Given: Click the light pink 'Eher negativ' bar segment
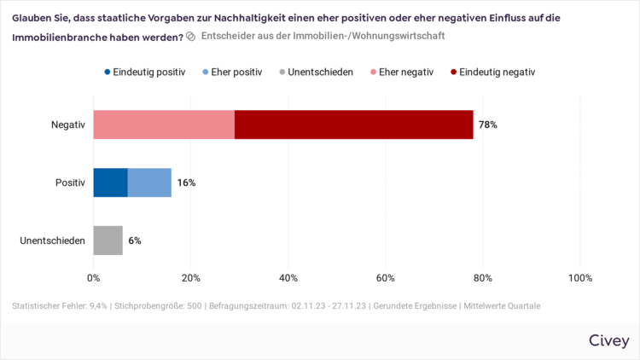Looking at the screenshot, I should click(164, 125).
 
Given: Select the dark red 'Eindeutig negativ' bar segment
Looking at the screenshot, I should click(353, 125).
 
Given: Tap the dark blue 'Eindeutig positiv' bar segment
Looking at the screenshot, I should click(110, 183).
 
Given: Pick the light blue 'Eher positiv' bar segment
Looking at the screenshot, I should click(149, 183).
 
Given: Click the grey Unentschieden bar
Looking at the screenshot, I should click(108, 241).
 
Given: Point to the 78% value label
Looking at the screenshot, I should click(487, 125).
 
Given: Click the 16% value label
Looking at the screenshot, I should click(186, 183).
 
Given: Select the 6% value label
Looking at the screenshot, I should click(135, 241).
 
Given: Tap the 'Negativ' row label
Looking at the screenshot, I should click(68, 125).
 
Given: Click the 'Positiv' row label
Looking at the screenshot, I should click(70, 183).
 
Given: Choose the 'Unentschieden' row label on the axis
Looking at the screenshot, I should click(52, 241).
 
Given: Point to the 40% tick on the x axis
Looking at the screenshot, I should click(288, 277).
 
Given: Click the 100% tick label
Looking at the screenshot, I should click(579, 277).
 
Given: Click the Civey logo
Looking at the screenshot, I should click(608, 340).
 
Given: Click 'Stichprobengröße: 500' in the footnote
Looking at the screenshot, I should click(158, 305).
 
